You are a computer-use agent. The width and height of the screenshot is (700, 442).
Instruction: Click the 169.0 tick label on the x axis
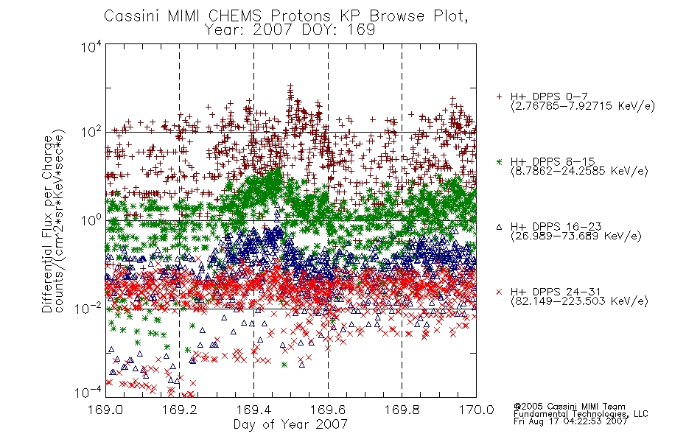tap(105, 410)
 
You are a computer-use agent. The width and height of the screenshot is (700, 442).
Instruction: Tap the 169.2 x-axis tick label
tap(180, 410)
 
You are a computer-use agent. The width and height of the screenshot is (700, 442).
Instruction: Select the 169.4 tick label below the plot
tap(253, 410)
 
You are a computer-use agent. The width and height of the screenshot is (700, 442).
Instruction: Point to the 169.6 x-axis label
tap(328, 410)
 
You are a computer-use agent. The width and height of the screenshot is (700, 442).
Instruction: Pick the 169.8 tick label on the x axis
tap(402, 410)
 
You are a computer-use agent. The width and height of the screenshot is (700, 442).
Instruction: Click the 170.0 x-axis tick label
tap(476, 410)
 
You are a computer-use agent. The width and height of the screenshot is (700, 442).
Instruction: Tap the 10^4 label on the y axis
tap(91, 46)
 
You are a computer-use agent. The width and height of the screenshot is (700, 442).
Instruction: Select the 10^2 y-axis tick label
tap(91, 132)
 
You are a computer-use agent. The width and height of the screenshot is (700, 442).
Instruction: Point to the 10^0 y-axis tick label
tap(91, 220)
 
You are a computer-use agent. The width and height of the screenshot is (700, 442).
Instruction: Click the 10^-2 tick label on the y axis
tap(89, 308)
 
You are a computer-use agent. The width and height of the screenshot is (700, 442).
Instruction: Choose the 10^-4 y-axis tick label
tap(89, 393)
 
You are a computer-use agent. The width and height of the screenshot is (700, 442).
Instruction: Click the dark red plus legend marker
tap(499, 97)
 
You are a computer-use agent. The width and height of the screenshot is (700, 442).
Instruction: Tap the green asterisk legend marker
tap(499, 161)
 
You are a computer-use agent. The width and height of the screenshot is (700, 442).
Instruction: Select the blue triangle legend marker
tap(499, 227)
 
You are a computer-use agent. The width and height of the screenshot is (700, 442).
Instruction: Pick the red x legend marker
tap(499, 292)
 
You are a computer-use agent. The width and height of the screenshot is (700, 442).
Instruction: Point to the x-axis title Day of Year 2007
tap(290, 424)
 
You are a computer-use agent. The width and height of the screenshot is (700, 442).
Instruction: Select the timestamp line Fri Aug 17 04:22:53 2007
tap(570, 421)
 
